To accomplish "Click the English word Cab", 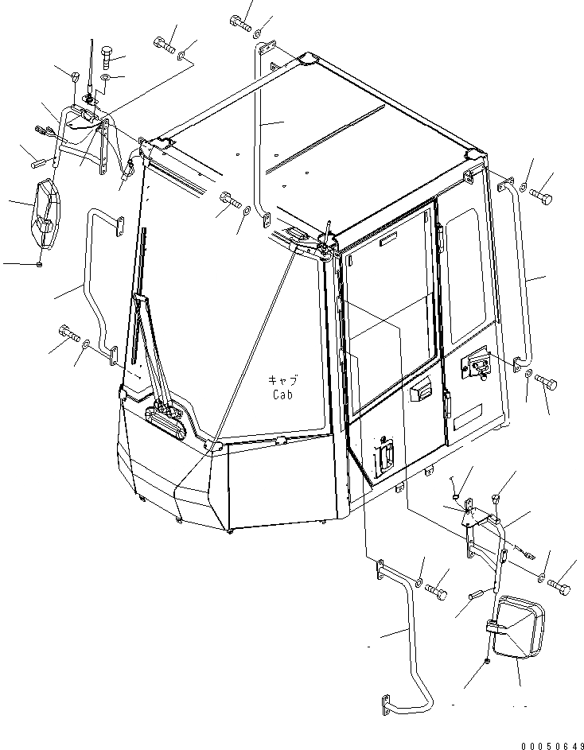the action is pyautogui.click(x=283, y=394).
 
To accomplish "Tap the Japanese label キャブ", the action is pyautogui.click(x=283, y=380).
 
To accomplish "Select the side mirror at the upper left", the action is pyautogui.click(x=45, y=216).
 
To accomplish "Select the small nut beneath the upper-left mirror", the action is pyautogui.click(x=40, y=264).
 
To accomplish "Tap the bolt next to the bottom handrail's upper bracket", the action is pyautogui.click(x=437, y=590).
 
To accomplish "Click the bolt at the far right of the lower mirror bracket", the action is pyautogui.click(x=559, y=588).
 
